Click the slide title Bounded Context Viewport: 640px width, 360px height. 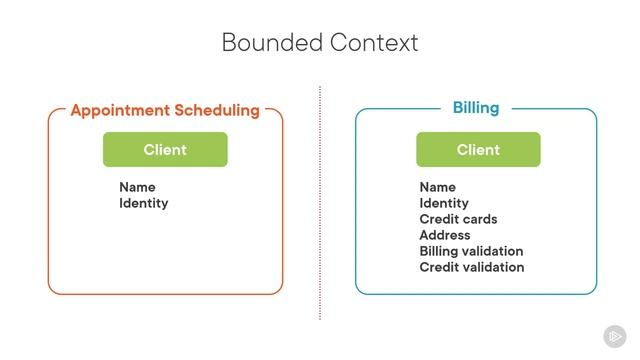pos(320,43)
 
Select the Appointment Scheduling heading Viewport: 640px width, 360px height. pos(165,110)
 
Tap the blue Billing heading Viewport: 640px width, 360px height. pos(476,108)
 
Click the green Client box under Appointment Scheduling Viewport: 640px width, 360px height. pos(165,150)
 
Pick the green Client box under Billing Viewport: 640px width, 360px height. pos(478,150)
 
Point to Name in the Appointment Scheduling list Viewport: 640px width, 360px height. pos(137,187)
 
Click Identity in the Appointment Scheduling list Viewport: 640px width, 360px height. pos(144,203)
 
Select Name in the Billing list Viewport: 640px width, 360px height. pos(437,187)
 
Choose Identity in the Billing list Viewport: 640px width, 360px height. pos(444,203)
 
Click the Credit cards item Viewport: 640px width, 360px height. pos(458,219)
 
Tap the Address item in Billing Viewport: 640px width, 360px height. pos(445,235)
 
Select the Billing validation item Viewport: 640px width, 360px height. pos(471,251)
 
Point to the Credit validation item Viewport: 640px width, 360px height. pos(471,267)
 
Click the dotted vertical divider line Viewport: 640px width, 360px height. pos(320,200)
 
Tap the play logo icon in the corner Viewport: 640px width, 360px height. pos(615,337)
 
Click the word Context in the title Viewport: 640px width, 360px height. pos(375,43)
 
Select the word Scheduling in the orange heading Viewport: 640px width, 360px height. pos(215,110)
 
